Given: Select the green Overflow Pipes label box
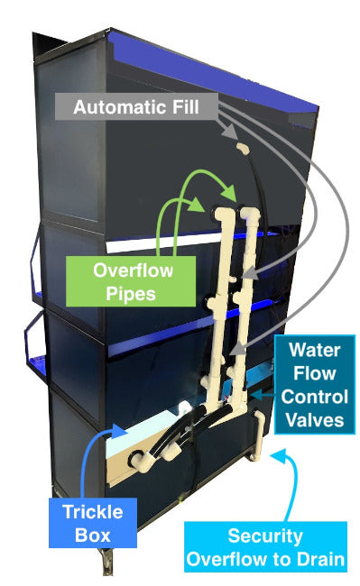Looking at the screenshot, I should pyautogui.click(x=134, y=281).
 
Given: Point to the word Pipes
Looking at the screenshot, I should pyautogui.click(x=134, y=293).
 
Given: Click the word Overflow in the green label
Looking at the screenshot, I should pyautogui.click(x=134, y=270).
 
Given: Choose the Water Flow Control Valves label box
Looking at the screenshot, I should pyautogui.click(x=311, y=384).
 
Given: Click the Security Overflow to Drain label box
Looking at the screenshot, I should pyautogui.click(x=264, y=547).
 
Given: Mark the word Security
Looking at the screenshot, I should pyautogui.click(x=264, y=536).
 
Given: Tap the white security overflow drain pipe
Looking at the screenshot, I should pyautogui.click(x=262, y=437).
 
